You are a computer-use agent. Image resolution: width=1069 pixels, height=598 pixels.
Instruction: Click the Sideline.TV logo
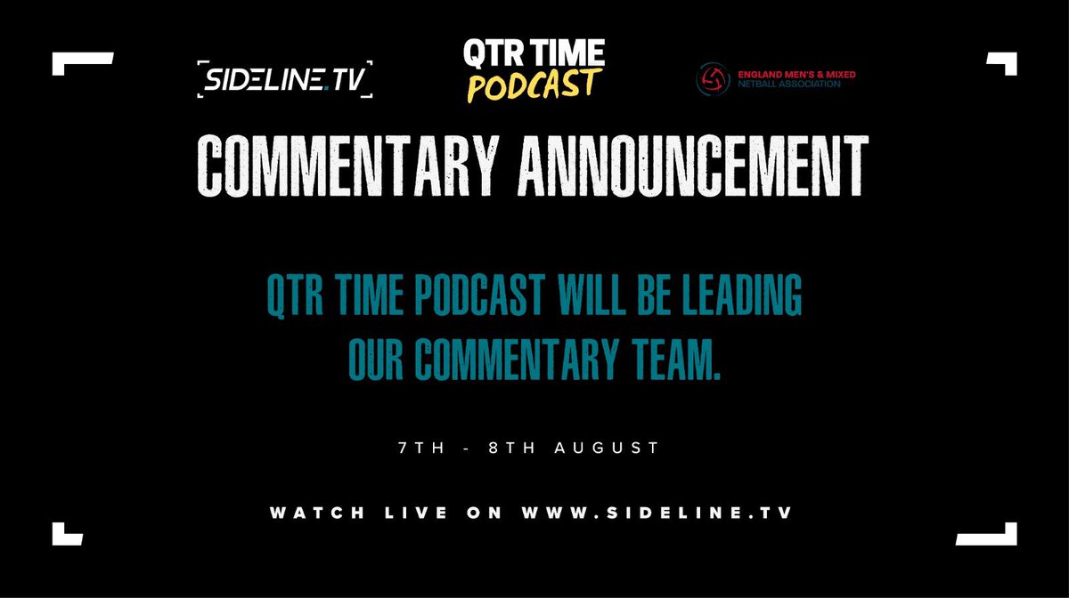pyautogui.click(x=284, y=78)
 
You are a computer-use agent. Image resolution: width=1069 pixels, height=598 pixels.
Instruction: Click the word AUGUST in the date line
pyautogui.click(x=615, y=448)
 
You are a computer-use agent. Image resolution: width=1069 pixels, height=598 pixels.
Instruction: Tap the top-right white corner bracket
pyautogui.click(x=1001, y=64)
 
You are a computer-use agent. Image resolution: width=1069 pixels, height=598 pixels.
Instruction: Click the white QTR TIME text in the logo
pyautogui.click(x=534, y=54)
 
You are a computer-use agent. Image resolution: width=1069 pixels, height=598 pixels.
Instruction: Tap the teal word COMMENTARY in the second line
pyautogui.click(x=482, y=360)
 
